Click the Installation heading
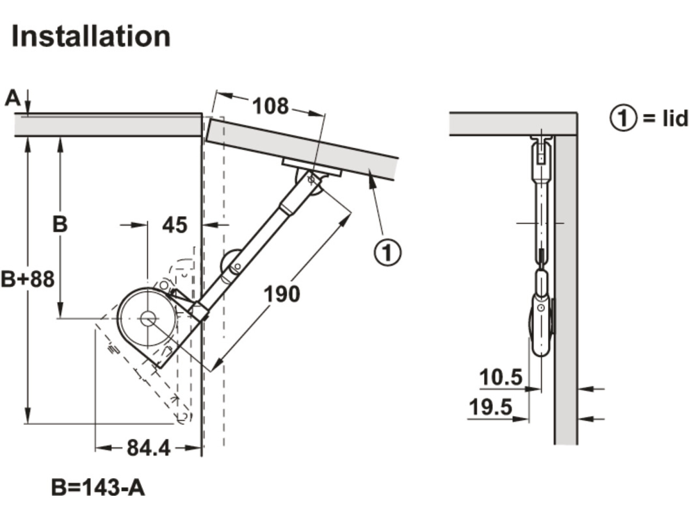click(91, 36)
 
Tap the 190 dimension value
click(282, 294)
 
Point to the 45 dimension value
click(175, 225)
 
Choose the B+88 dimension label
click(28, 279)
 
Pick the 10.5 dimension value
click(501, 377)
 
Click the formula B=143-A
click(98, 488)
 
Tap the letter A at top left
click(13, 98)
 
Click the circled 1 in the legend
click(623, 118)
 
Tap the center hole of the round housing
click(147, 319)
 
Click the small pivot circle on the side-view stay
click(541, 308)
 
